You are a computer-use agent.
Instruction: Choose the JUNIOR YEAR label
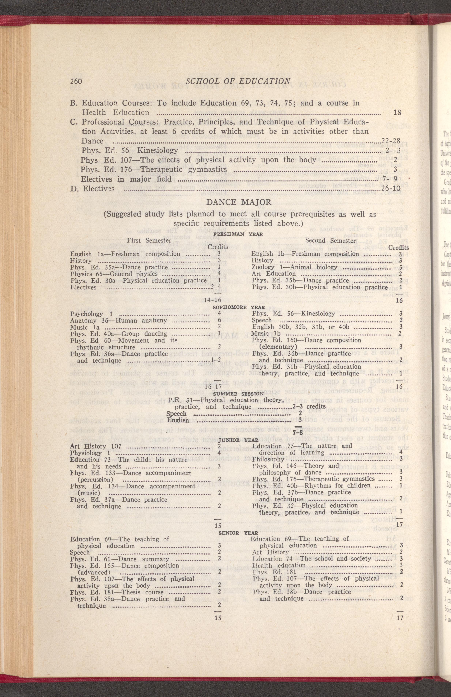pos(238,440)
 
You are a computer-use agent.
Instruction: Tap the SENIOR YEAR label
pos(238,525)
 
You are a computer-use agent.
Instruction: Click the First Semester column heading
pos(149,240)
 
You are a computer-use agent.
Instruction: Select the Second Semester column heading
pos(330,240)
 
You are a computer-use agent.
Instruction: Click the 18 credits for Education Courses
pos(397,112)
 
